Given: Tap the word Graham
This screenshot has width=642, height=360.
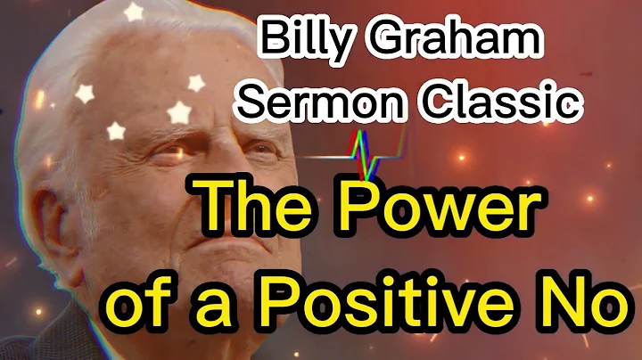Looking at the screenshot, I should [x=469, y=39].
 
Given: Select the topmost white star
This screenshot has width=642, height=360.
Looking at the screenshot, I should [x=135, y=12].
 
